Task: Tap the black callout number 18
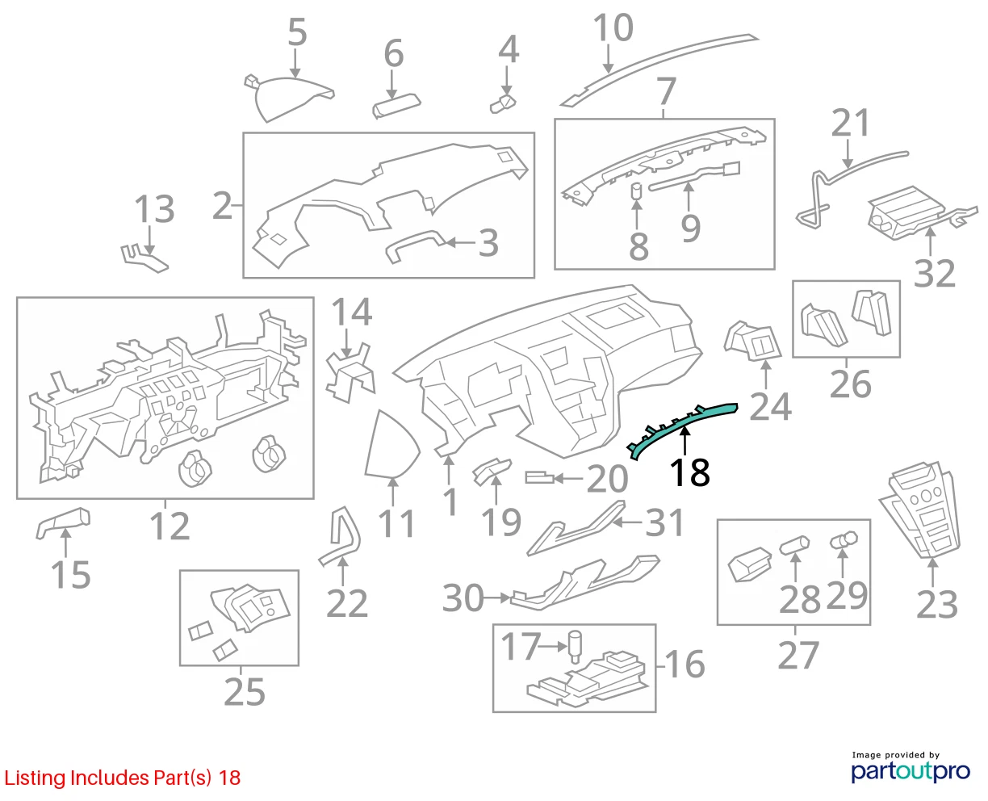689,473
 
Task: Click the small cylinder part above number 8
637,191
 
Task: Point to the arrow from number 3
461,242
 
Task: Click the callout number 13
154,208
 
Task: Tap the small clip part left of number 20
539,477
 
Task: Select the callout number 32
934,273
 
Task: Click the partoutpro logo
911,771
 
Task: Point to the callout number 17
521,646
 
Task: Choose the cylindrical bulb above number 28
794,544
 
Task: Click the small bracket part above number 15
63,522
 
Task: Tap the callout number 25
245,691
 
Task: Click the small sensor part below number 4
503,104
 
